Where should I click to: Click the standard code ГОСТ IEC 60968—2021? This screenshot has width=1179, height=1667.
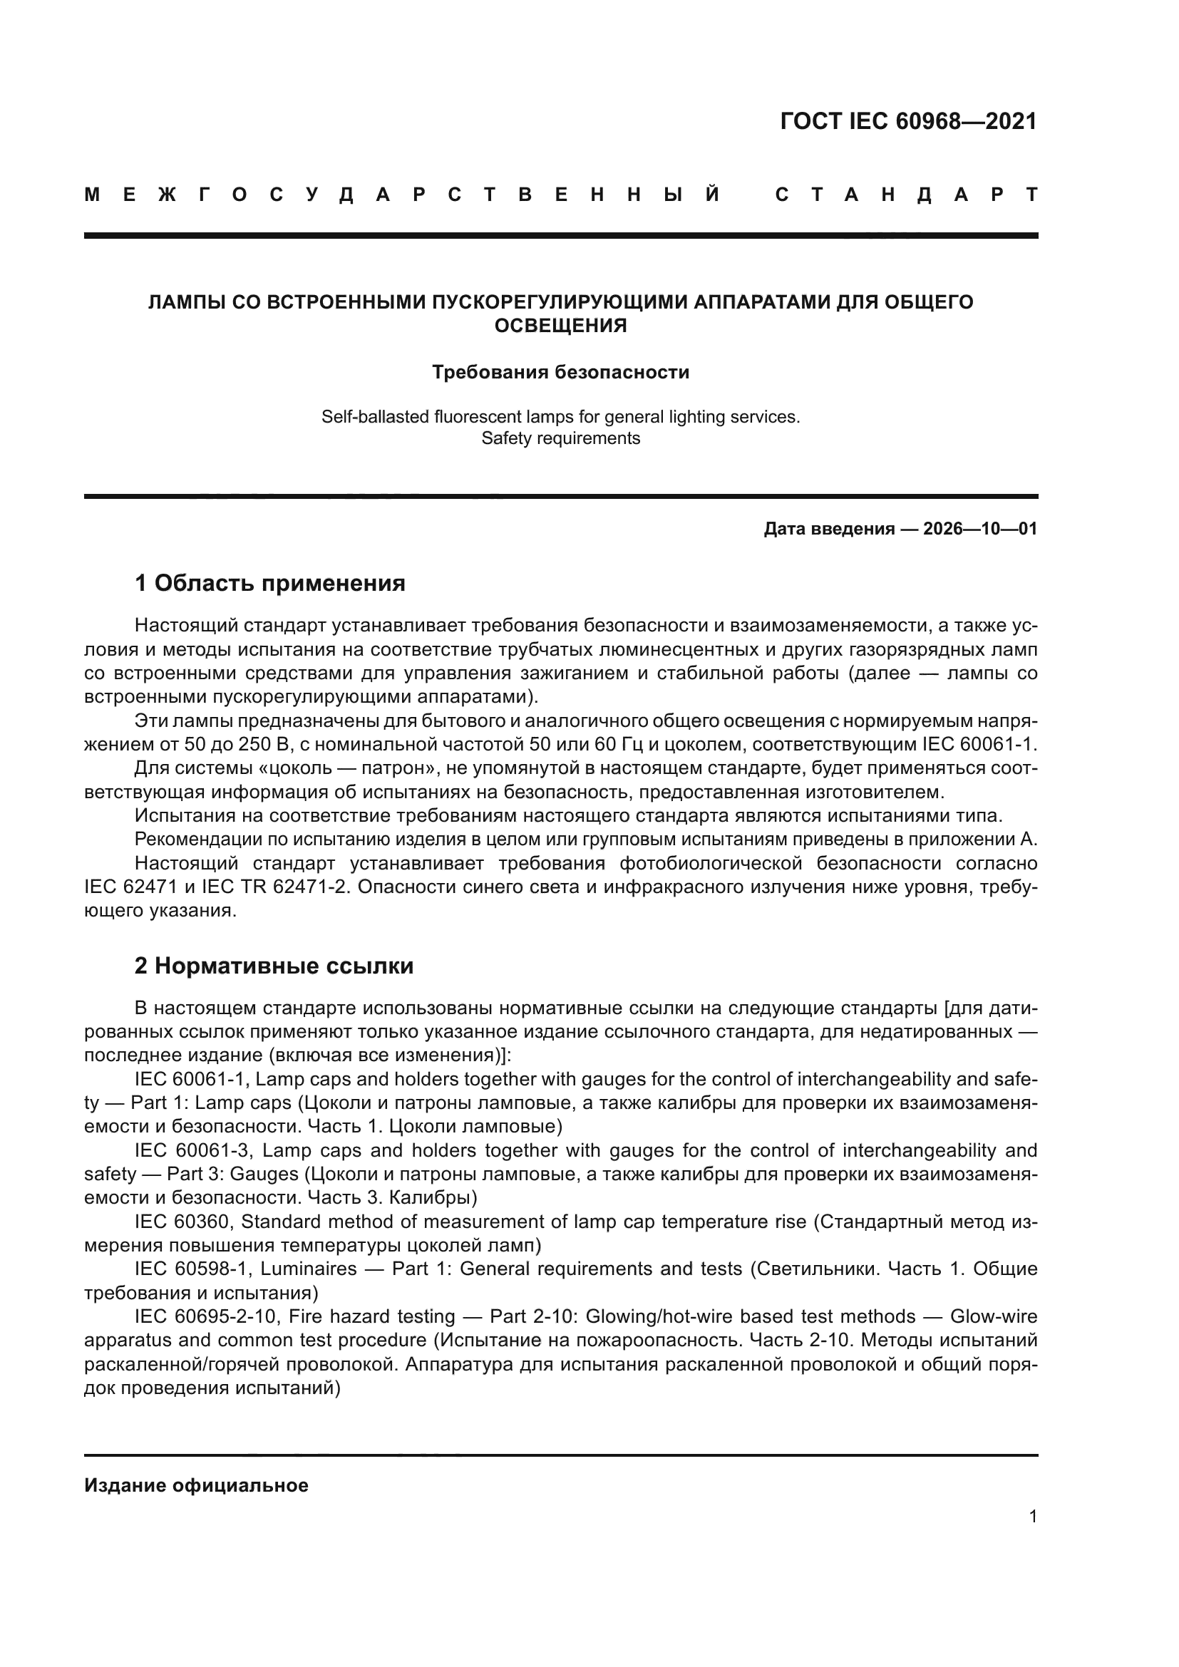pos(908,121)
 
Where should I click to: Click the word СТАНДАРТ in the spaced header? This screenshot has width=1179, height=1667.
pos(906,195)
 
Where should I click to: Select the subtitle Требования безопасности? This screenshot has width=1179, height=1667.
pos(560,373)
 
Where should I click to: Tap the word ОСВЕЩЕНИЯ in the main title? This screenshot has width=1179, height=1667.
pos(560,326)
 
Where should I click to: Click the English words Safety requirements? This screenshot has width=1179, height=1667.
pos(560,438)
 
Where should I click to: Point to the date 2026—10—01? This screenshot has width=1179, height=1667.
pos(979,529)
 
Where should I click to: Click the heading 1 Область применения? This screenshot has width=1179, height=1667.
pos(269,583)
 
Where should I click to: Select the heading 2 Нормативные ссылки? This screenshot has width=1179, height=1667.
pos(274,966)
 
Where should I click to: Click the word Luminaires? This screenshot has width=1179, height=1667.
pos(309,1269)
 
